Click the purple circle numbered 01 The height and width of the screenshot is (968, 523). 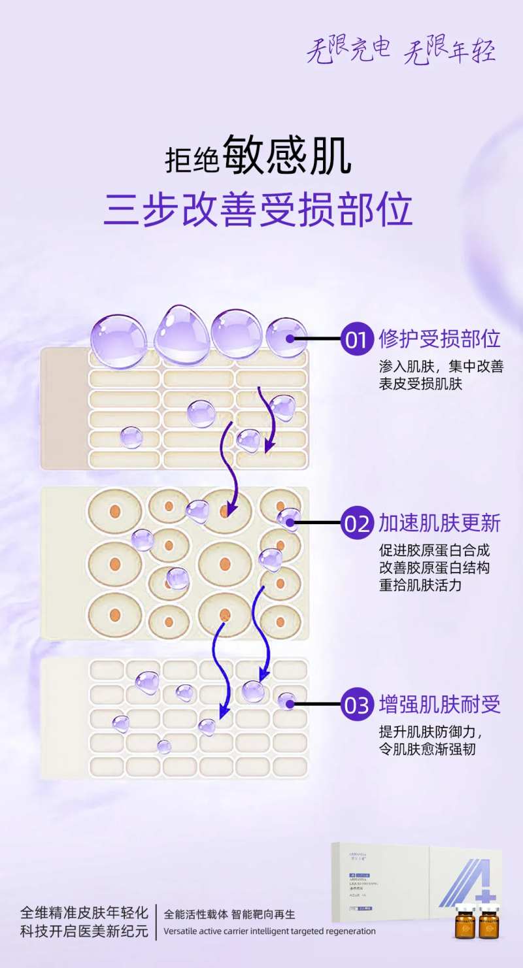(357, 340)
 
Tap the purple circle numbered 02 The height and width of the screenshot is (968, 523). (357, 523)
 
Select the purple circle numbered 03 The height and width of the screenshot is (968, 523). (357, 705)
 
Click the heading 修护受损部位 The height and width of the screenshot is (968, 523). (439, 339)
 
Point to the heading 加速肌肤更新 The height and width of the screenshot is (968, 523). (439, 523)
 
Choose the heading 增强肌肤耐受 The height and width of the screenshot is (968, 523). (439, 704)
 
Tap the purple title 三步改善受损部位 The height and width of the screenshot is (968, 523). (258, 209)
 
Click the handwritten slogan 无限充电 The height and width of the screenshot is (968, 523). (348, 50)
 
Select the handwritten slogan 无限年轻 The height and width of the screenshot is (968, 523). (449, 51)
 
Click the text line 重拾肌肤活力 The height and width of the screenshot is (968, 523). (420, 585)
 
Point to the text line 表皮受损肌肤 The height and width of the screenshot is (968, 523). (420, 384)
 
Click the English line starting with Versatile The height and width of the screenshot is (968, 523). (269, 931)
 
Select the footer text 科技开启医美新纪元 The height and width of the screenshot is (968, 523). (84, 931)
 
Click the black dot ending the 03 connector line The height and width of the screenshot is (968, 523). (288, 704)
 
